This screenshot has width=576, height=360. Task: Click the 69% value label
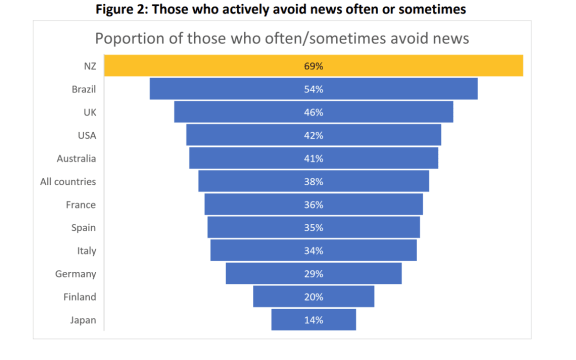coord(314,65)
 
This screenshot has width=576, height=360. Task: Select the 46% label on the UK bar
coord(314,111)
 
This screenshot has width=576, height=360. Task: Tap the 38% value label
coord(314,181)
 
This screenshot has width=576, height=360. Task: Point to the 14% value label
coord(314,320)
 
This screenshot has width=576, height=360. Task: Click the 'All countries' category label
coord(68,181)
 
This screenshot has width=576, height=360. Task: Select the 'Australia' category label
coord(75,158)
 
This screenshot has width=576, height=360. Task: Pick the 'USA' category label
coord(86,135)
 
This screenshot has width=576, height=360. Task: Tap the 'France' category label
coord(80,204)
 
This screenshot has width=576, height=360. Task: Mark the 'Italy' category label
coord(86,250)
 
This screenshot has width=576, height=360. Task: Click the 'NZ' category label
coord(89,65)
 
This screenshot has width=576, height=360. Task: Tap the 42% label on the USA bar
coord(314,135)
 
